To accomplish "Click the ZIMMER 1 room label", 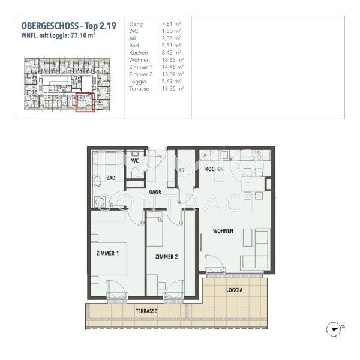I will point(108,253).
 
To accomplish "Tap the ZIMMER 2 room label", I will point(166,257).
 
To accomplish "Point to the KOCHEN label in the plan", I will point(214,170).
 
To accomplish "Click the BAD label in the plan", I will point(111,178).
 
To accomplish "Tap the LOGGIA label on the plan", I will point(235,290).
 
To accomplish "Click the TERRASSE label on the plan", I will point(146,311).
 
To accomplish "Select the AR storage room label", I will point(180,170).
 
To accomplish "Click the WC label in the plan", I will point(136,161).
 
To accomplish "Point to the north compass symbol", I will point(334,328).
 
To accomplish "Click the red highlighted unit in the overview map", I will point(84,103).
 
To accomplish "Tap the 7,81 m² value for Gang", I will point(172,24).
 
